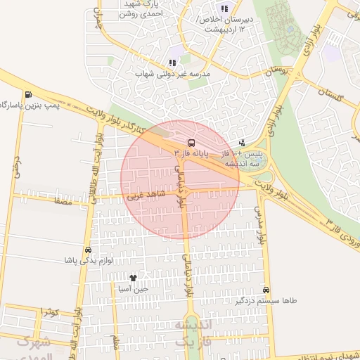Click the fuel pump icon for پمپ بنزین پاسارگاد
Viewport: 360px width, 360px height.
[x=27, y=95]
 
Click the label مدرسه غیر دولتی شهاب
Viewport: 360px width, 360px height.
[x=171, y=72]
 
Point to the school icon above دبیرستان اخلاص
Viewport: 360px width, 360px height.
[x=224, y=9]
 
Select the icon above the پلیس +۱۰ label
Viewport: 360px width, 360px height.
[x=242, y=143]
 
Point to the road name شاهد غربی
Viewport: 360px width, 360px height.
[x=146, y=193]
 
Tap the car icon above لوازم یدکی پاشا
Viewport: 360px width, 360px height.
[x=88, y=250]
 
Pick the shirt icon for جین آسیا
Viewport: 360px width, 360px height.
[x=133, y=278]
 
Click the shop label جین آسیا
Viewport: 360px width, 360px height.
[x=133, y=288]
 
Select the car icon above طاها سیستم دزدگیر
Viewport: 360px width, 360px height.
[x=266, y=290]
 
